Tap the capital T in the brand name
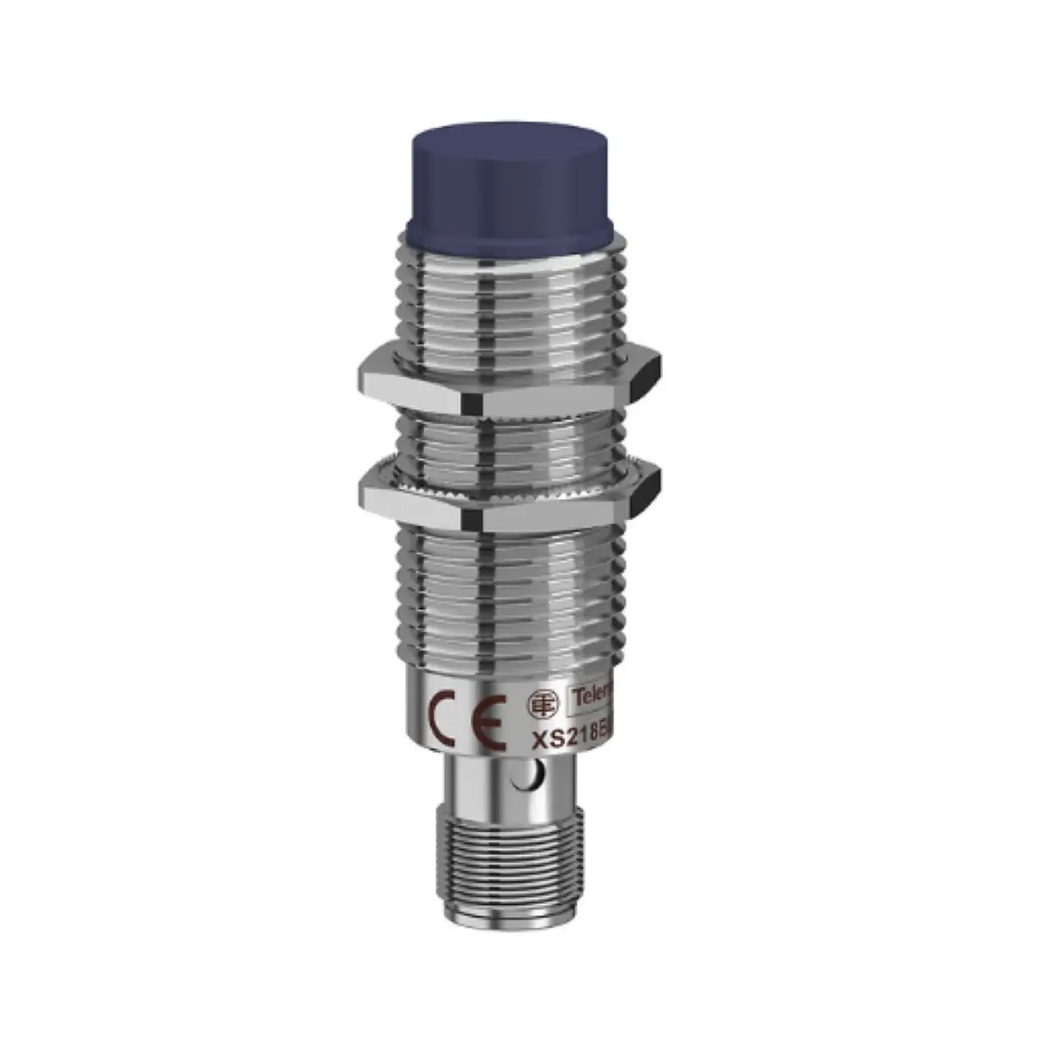point(574,695)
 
